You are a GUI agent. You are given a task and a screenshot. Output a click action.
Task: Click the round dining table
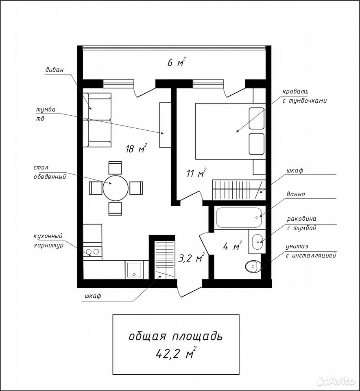click(116, 188)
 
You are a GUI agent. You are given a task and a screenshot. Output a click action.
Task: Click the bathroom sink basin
click(257, 242)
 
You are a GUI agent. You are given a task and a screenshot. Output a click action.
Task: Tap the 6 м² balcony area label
click(177, 62)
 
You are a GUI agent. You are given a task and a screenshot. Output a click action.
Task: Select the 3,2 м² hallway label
click(192, 258)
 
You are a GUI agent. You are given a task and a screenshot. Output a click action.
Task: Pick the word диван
click(54, 70)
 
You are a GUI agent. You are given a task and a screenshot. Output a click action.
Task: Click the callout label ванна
click(295, 194)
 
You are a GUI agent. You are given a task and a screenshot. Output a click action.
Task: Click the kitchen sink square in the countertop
click(134, 270)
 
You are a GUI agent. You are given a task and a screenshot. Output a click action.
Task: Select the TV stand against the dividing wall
click(165, 125)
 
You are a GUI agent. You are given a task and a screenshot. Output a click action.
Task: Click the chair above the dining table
click(115, 167)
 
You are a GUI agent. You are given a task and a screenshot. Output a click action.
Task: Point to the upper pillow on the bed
click(256, 119)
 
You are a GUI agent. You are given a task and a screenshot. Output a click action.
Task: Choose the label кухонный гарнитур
click(48, 241)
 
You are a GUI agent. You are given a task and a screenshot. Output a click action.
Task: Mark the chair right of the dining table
click(136, 188)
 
